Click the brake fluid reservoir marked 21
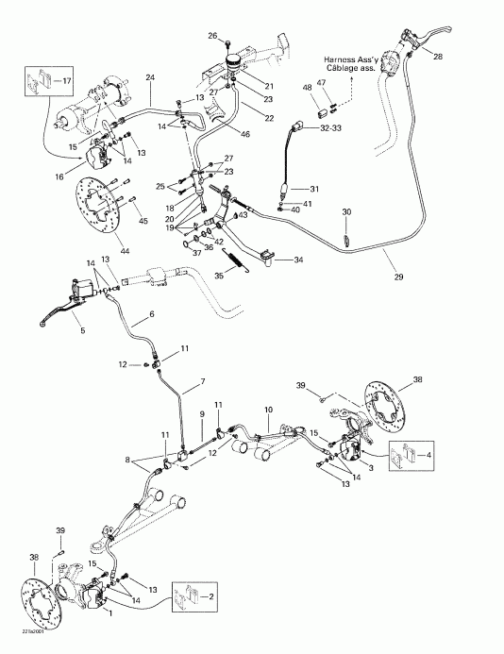pos(233,70)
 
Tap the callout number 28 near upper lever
pos(437,58)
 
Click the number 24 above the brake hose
pos(149,77)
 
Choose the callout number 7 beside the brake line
pos(201,385)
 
